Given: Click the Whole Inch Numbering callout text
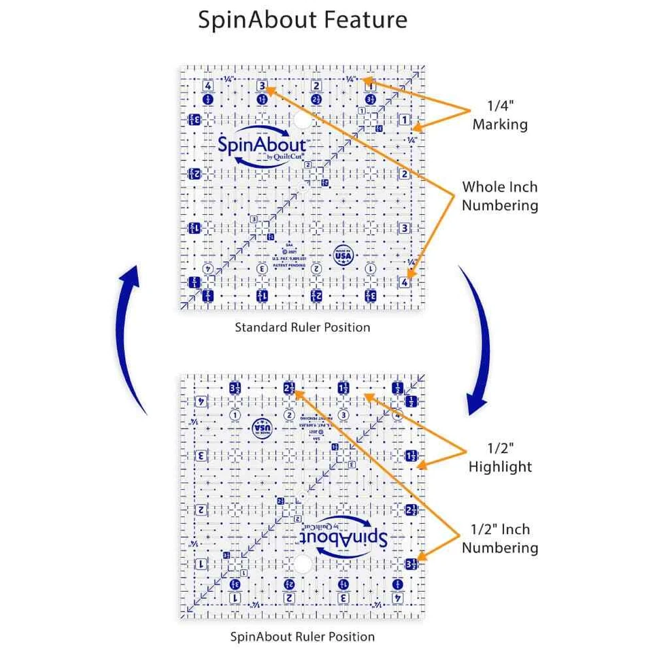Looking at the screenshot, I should (500, 195).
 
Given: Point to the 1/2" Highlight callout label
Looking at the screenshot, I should (500, 458).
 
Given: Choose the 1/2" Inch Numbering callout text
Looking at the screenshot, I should (500, 538).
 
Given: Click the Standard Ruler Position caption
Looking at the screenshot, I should (302, 327).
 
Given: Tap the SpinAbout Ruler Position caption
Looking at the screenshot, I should (302, 637).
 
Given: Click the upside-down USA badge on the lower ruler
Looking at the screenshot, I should (261, 426).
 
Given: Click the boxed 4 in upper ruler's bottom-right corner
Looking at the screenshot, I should (404, 282).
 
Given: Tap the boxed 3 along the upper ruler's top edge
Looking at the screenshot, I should (262, 86).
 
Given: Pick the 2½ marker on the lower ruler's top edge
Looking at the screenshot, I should (288, 388).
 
